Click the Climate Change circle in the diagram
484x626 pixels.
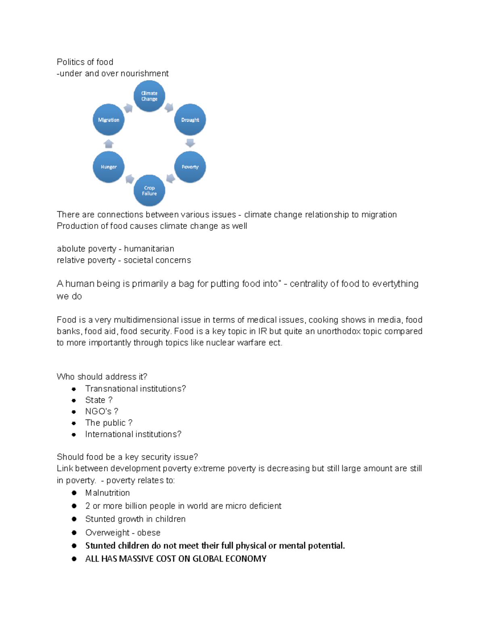click(x=149, y=96)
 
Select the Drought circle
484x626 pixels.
click(x=190, y=120)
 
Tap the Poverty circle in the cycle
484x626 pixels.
click(x=190, y=167)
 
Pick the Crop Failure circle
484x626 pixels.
click(x=149, y=190)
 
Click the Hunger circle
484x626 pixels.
click(x=108, y=167)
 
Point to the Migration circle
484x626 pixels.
click(x=108, y=120)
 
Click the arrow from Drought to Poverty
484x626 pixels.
click(x=190, y=143)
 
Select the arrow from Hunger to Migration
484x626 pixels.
click(x=108, y=144)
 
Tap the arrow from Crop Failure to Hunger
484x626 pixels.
click(x=129, y=179)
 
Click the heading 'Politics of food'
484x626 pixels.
click(x=85, y=62)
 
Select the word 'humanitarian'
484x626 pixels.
click(x=149, y=249)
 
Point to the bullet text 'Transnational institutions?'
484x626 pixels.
click(x=135, y=389)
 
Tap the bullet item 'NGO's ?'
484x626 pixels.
click(x=101, y=412)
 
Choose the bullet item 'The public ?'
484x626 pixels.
click(x=108, y=423)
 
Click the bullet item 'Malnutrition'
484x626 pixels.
click(x=107, y=493)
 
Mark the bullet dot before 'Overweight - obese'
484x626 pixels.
click(x=74, y=532)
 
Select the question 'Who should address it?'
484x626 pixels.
click(x=102, y=377)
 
